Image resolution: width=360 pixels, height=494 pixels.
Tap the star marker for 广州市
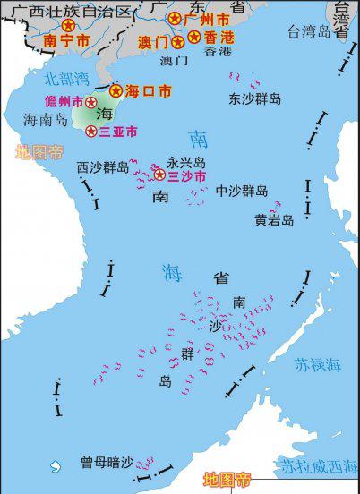coord(175,19)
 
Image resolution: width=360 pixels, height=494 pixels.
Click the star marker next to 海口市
coord(116,90)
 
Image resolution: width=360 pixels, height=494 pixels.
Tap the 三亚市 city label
coord(118,132)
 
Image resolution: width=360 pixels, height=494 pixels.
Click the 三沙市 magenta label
coord(187,176)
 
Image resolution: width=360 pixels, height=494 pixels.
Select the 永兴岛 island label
coord(185,162)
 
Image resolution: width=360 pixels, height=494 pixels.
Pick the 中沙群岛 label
coord(241,191)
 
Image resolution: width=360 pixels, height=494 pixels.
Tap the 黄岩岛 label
coord(273,219)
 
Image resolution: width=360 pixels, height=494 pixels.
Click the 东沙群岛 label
coord(254,98)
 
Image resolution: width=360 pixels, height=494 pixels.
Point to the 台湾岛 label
coord(309,32)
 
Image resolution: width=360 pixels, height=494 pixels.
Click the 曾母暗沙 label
coord(106,462)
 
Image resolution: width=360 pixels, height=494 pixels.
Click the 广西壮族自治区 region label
coord(67,11)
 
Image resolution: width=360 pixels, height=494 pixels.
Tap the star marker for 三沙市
coord(160,175)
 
